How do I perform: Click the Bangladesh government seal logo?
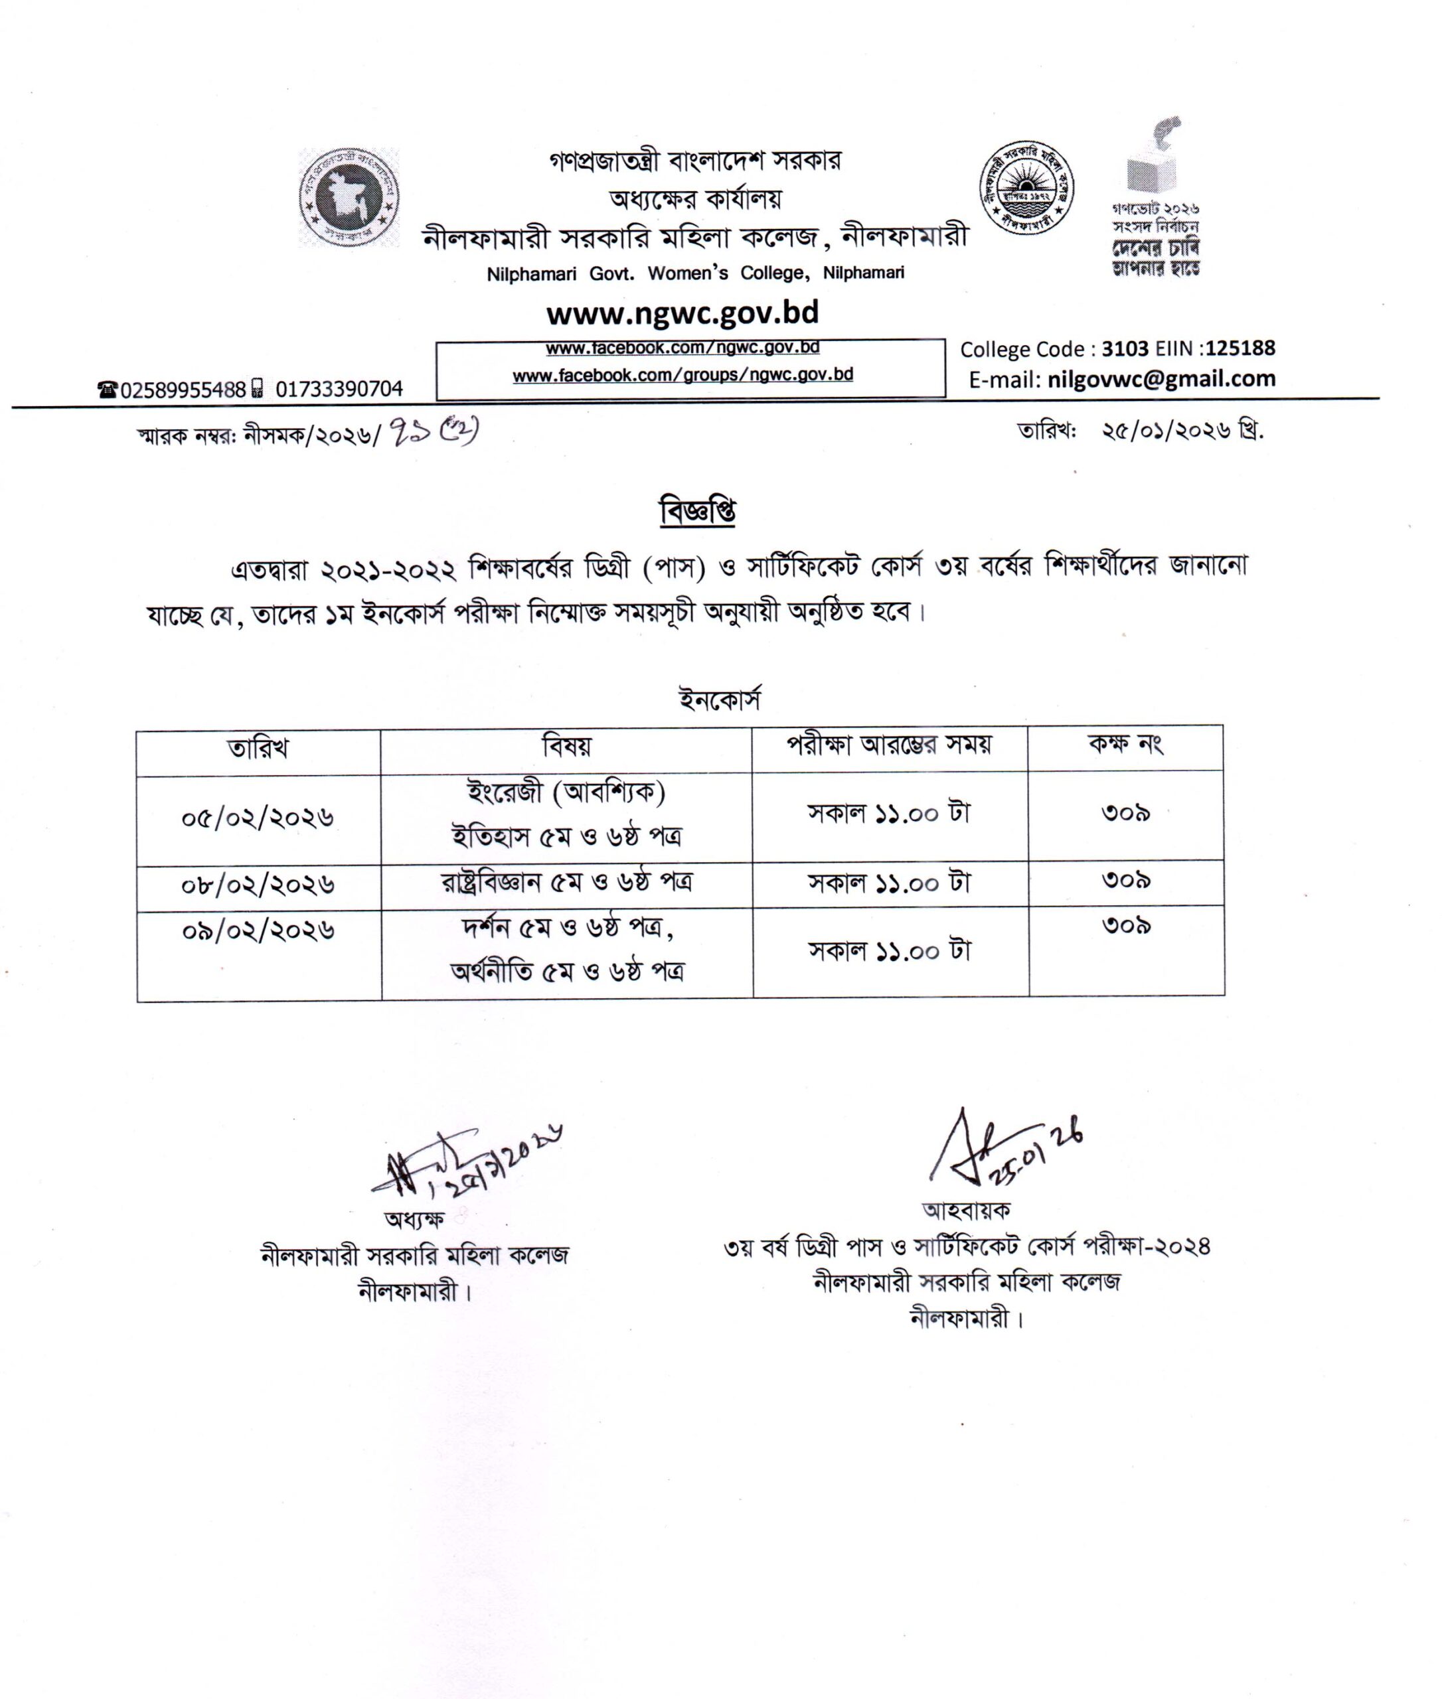tap(349, 197)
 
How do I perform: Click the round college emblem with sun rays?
tap(1027, 188)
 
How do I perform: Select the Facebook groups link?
tap(682, 375)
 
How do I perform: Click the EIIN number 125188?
tap(1240, 349)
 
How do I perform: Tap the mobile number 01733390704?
tap(339, 389)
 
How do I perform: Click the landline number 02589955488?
tap(183, 390)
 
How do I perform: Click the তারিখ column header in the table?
tap(258, 749)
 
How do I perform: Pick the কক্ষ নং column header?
tap(1125, 745)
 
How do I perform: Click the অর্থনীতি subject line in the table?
tap(568, 972)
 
